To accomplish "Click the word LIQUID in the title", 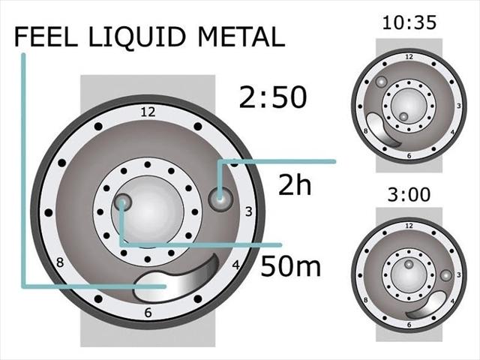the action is pyautogui.click(x=136, y=37).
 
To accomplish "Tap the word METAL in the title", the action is pyautogui.click(x=241, y=37).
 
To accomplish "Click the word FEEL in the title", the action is pyautogui.click(x=46, y=37).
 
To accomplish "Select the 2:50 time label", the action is pyautogui.click(x=273, y=97).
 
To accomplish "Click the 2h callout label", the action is pyautogui.click(x=295, y=184).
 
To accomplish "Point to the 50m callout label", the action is pyautogui.click(x=290, y=266).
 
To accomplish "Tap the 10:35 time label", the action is pyautogui.click(x=409, y=22).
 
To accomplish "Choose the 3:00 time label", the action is pyautogui.click(x=409, y=194).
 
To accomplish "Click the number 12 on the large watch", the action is pyautogui.click(x=148, y=112).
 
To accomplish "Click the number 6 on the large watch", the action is pyautogui.click(x=148, y=313).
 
